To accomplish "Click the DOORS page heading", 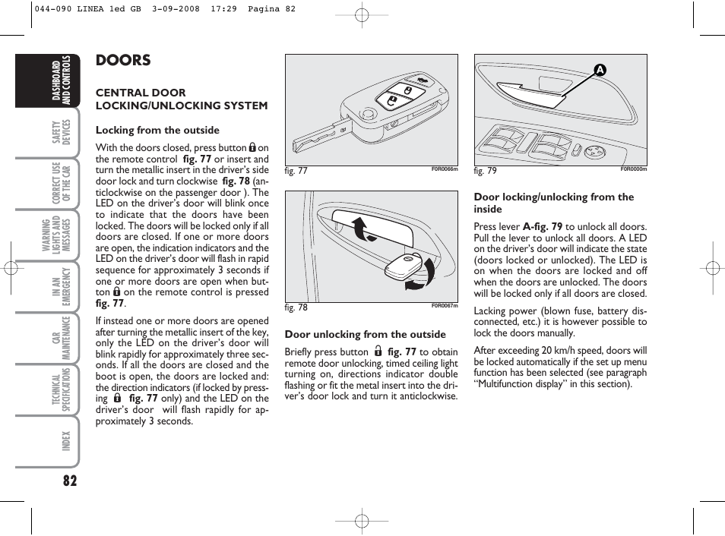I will pyautogui.click(x=123, y=61).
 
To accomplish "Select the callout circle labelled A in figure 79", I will pyautogui.click(x=600, y=70).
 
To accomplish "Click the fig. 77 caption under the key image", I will pyautogui.click(x=296, y=171).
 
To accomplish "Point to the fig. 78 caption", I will pyautogui.click(x=296, y=307).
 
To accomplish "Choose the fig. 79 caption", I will pyautogui.click(x=486, y=171).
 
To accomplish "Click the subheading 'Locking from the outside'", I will pyautogui.click(x=157, y=130).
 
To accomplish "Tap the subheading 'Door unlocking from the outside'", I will pyautogui.click(x=365, y=334).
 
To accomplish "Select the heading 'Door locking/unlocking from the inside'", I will pyautogui.click(x=553, y=203).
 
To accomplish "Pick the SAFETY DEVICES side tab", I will pyautogui.click(x=62, y=134).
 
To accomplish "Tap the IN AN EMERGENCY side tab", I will pyautogui.click(x=62, y=287).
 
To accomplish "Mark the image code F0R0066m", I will pyautogui.click(x=445, y=169).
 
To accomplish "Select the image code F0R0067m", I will pyautogui.click(x=445, y=306).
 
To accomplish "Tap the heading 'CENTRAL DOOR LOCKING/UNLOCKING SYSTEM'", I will pyautogui.click(x=181, y=99).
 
